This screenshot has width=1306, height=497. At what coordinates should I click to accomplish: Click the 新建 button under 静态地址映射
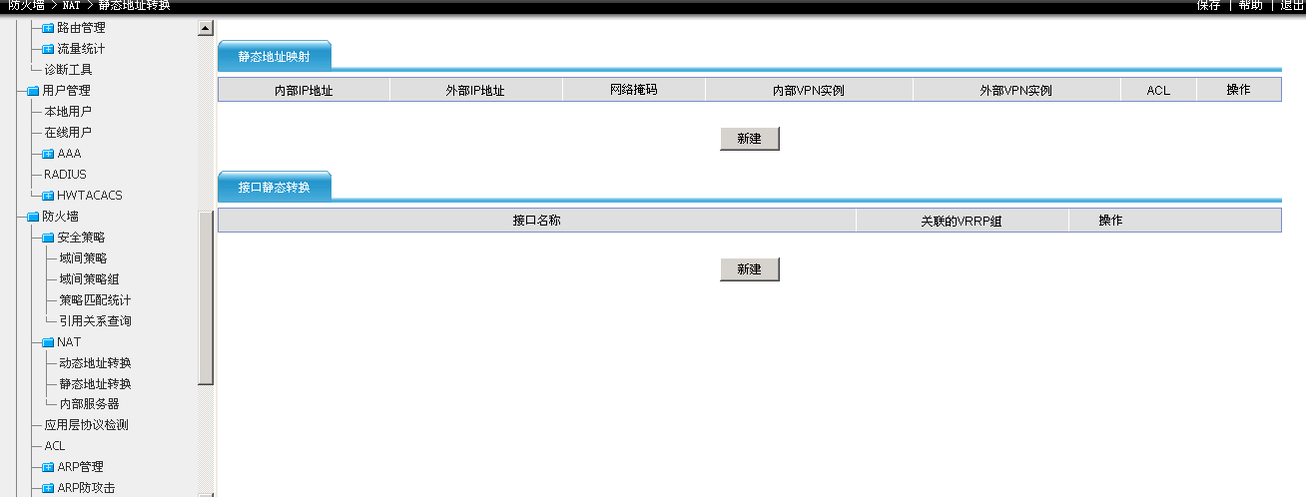click(x=749, y=139)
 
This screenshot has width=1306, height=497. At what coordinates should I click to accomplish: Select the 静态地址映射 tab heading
click(x=274, y=57)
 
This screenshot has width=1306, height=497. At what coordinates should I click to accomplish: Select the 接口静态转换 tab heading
click(x=274, y=187)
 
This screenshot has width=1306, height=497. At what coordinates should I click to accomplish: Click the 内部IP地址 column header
click(x=304, y=90)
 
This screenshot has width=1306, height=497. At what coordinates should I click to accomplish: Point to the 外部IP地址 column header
click(x=475, y=90)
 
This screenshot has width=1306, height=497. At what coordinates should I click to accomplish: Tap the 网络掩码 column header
click(x=633, y=90)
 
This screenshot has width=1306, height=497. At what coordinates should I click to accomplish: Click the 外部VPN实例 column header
click(x=1015, y=90)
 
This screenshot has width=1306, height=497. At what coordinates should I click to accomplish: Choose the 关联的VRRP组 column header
click(x=961, y=221)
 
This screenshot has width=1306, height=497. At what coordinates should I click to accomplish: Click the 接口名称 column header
click(x=536, y=221)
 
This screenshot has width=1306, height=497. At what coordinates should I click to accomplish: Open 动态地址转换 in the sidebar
click(x=95, y=363)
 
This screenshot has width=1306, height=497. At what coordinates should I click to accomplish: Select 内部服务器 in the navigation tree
click(x=89, y=404)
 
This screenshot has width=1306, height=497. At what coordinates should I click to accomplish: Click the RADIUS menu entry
click(x=65, y=175)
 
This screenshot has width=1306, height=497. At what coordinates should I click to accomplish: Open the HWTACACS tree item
click(x=89, y=196)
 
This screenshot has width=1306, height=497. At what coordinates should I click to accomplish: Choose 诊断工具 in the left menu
click(x=68, y=70)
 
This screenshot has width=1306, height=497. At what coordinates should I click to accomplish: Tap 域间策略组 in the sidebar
click(x=89, y=279)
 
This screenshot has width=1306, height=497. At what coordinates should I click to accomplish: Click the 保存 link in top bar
click(x=1208, y=5)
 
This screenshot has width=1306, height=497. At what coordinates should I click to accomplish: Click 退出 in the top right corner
click(x=1292, y=5)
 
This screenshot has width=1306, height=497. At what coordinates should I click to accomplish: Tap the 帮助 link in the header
click(x=1250, y=5)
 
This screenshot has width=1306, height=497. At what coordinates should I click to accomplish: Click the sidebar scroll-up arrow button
click(x=206, y=28)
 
